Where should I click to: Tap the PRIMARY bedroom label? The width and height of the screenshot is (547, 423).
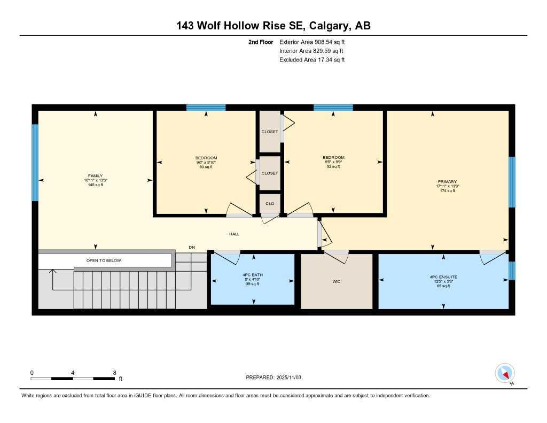(x=447, y=182)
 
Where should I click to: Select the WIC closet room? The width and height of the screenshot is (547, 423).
(x=337, y=281)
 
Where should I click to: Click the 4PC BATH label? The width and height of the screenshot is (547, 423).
(x=252, y=275)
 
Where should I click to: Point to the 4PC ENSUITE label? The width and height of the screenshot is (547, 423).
(x=443, y=277)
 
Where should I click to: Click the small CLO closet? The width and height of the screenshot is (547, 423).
(x=270, y=203)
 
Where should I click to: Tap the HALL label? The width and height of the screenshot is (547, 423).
(x=234, y=234)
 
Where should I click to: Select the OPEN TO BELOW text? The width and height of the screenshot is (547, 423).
(x=104, y=260)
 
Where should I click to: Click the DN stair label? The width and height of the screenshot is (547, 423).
(x=192, y=247)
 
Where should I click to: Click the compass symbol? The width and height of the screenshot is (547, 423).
(x=504, y=373)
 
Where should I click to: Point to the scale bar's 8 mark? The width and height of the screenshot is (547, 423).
(x=114, y=373)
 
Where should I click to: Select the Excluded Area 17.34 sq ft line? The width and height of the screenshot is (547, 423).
(x=312, y=60)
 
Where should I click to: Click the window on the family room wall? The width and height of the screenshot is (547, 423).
(x=35, y=163)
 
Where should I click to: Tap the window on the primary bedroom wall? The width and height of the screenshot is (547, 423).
(x=511, y=182)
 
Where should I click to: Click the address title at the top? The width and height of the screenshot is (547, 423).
(x=273, y=25)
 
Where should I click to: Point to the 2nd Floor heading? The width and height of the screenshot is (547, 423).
(x=261, y=42)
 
